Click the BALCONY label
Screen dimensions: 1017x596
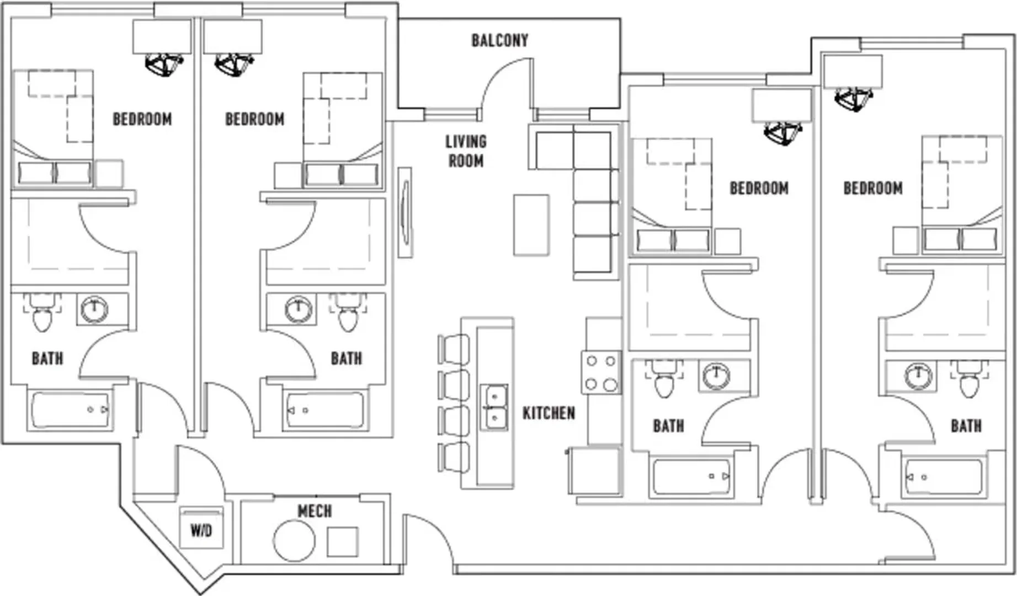click(x=499, y=40)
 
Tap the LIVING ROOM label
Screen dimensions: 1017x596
click(x=466, y=151)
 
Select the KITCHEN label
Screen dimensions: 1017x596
click(x=549, y=413)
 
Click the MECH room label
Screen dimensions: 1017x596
click(x=315, y=511)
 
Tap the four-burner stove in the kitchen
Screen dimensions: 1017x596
click(x=601, y=372)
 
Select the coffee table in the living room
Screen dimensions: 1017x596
click(x=531, y=225)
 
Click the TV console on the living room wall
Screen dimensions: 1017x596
click(x=405, y=212)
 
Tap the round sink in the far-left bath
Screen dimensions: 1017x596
click(x=94, y=310)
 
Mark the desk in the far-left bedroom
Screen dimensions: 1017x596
click(x=162, y=36)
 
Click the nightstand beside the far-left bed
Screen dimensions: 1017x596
click(x=109, y=174)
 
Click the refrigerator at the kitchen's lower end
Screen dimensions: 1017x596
click(x=595, y=471)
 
